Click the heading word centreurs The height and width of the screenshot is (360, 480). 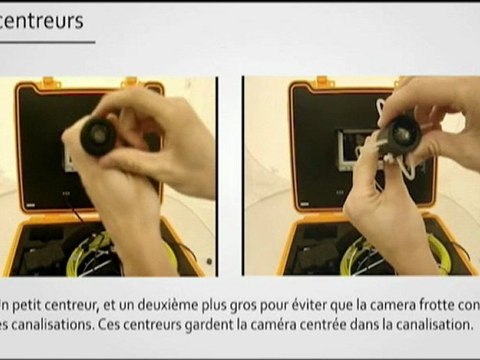click(x=42, y=20)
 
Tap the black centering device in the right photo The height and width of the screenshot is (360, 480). click(x=402, y=132)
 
